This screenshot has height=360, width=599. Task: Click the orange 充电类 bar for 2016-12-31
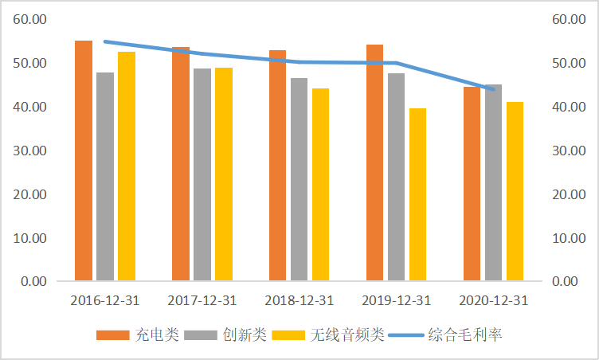coord(84,160)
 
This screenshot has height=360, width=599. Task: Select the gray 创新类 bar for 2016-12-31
coord(105,176)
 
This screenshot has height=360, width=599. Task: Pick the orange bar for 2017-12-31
coord(181,163)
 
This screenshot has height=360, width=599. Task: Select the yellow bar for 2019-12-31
coord(417,194)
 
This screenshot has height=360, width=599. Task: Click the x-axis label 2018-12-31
coord(299,300)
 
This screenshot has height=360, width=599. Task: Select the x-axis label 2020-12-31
coord(493,300)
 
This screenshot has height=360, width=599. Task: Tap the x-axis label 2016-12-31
coord(104,300)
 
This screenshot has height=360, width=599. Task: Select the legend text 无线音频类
coord(347,335)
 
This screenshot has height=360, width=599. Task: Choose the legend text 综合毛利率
coord(465,335)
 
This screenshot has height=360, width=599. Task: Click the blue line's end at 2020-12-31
coord(493,89)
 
